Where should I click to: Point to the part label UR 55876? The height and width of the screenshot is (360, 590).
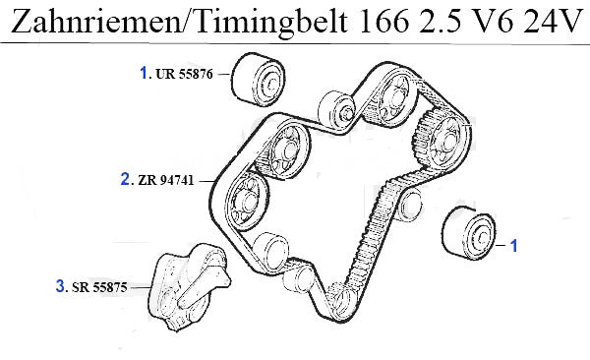(184, 74)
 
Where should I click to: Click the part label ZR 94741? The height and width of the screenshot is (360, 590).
(166, 180)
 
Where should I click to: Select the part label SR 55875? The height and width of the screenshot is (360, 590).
(99, 287)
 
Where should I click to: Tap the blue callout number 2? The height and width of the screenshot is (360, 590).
(125, 179)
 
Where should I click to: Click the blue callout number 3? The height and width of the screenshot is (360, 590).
(60, 286)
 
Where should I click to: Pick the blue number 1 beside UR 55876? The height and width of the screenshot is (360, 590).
(144, 73)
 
